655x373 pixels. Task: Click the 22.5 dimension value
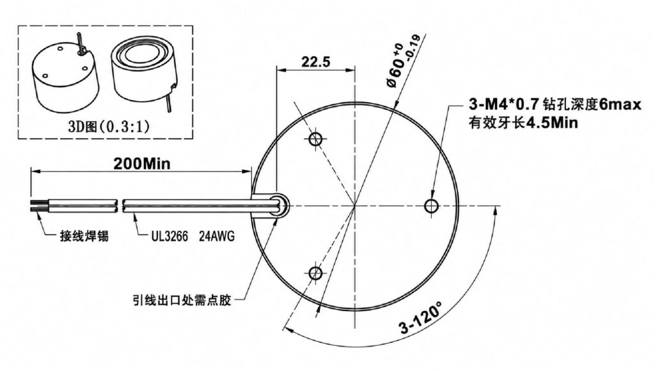(x=316, y=62)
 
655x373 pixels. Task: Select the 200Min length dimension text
(x=142, y=164)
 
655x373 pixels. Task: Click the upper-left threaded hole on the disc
(x=315, y=139)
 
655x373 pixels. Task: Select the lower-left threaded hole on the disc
(x=315, y=274)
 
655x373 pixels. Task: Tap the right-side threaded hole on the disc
(x=432, y=206)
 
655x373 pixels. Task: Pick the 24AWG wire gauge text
(x=217, y=236)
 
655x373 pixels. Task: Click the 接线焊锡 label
(x=84, y=236)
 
